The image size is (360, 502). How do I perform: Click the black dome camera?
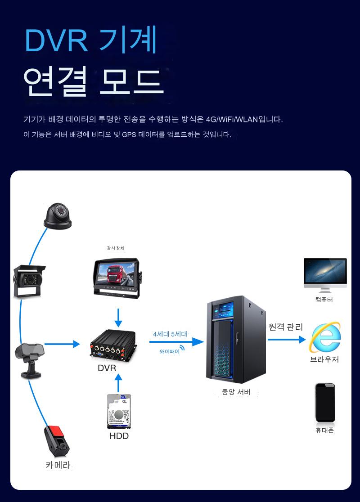point(58,216)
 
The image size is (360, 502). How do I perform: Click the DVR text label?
point(107,368)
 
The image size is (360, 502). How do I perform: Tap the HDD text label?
point(119,436)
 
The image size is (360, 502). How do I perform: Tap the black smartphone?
point(325,402)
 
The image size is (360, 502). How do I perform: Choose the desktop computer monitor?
point(325,274)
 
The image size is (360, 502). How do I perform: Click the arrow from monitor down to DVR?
point(118,318)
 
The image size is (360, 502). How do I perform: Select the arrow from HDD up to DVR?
point(118,382)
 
